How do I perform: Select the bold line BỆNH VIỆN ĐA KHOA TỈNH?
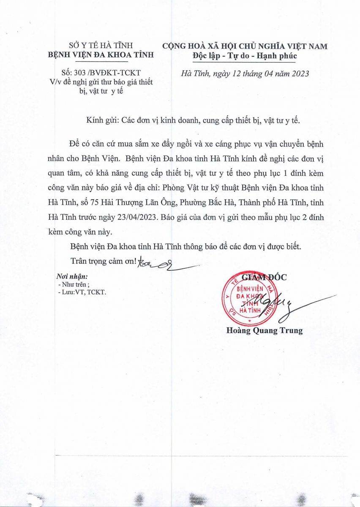101,55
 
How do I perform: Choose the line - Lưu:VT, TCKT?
82,292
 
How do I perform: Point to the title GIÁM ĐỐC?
264,278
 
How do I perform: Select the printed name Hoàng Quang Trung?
264,330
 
